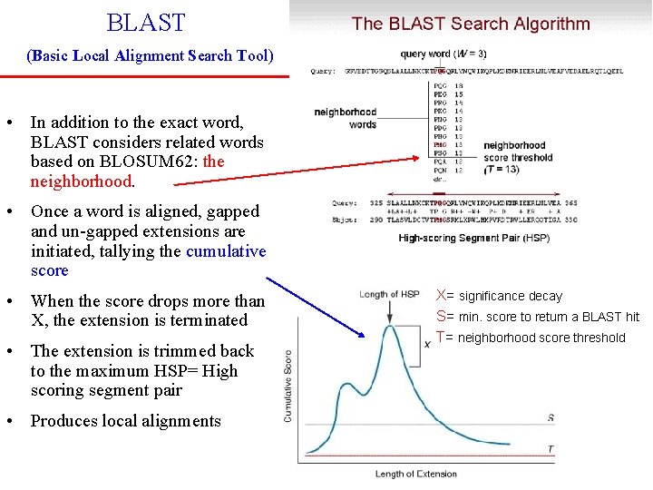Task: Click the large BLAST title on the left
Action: [145, 23]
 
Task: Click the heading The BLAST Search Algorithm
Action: [471, 24]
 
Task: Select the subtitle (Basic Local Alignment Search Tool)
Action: [151, 55]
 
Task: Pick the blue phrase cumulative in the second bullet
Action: [226, 251]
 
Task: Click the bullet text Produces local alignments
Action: [126, 421]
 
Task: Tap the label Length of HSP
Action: [390, 295]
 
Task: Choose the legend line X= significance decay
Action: [500, 296]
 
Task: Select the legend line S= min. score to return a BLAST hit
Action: [538, 317]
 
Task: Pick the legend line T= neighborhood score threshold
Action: [531, 338]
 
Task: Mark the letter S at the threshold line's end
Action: [551, 417]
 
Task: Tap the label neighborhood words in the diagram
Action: [346, 118]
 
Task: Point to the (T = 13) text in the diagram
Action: [502, 170]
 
